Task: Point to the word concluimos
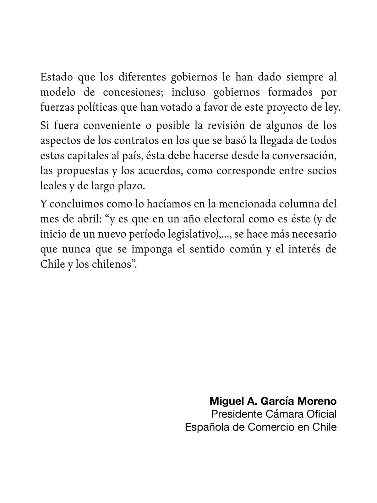(76, 204)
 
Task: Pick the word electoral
(222, 219)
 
